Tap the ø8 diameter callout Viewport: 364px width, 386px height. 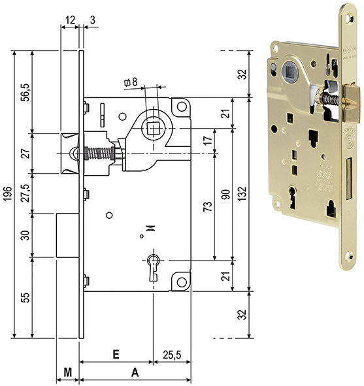click(130, 82)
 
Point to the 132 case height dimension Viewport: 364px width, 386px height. click(243, 193)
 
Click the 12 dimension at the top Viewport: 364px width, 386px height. click(69, 21)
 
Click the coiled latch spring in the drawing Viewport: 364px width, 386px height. click(104, 153)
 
